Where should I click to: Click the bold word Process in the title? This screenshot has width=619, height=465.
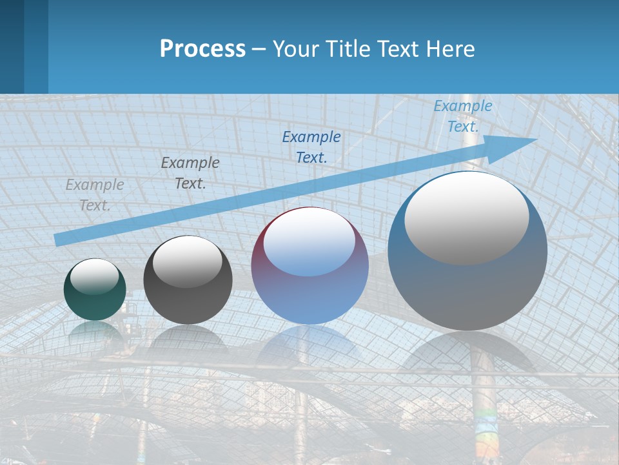click(202, 48)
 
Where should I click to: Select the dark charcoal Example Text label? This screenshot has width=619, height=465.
click(190, 173)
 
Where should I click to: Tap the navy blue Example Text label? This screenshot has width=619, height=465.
click(311, 147)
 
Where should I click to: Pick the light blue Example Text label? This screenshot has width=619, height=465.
click(462, 116)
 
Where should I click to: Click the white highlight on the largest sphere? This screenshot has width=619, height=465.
click(466, 218)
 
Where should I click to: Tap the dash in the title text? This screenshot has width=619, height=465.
click(259, 48)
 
